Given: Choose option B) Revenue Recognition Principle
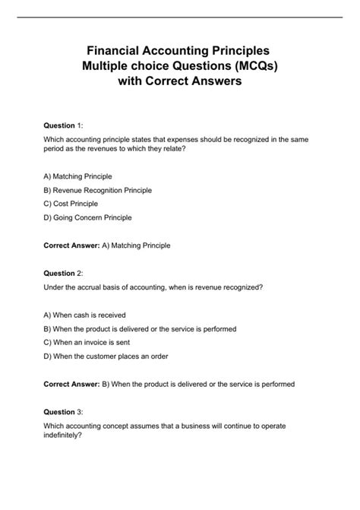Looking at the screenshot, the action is pyautogui.click(x=98, y=189).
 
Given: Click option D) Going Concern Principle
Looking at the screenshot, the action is pyautogui.click(x=88, y=217).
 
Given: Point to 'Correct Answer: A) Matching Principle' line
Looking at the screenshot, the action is pyautogui.click(x=107, y=245).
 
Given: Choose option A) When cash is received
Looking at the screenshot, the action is pyautogui.click(x=84, y=315).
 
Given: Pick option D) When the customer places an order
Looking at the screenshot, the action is pyautogui.click(x=106, y=356).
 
